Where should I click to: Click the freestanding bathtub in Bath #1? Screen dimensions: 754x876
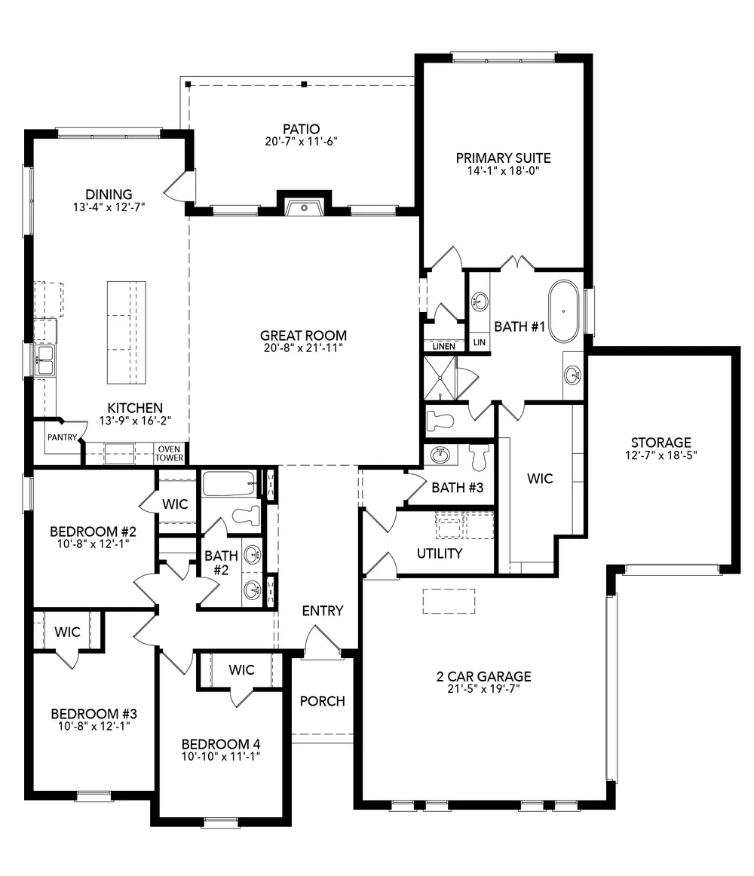[563, 311]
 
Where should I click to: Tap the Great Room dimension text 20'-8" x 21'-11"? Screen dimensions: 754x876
[304, 348]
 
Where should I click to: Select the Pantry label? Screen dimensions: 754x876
[62, 437]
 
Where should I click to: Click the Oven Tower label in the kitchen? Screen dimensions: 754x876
[169, 453]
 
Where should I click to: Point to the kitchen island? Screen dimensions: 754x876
[127, 332]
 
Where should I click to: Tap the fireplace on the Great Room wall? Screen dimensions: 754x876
[304, 206]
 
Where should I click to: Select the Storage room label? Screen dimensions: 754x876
[661, 443]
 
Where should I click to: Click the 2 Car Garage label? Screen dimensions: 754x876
[484, 676]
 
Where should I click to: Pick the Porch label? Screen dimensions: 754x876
[323, 701]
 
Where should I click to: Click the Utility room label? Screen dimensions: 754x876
[440, 553]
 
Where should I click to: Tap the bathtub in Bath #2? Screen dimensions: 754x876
[229, 484]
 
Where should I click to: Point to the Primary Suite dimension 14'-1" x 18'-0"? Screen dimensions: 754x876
[503, 171]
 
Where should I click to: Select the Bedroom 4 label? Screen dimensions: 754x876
[221, 744]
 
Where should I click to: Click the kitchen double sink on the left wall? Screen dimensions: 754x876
[44, 360]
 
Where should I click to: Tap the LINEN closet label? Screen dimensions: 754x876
[444, 346]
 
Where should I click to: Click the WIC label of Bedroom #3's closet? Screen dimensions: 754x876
[68, 632]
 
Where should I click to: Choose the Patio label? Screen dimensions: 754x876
[302, 129]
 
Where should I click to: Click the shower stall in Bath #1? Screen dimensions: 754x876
[440, 378]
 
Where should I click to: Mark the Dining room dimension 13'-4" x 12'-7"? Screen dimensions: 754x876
[109, 207]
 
